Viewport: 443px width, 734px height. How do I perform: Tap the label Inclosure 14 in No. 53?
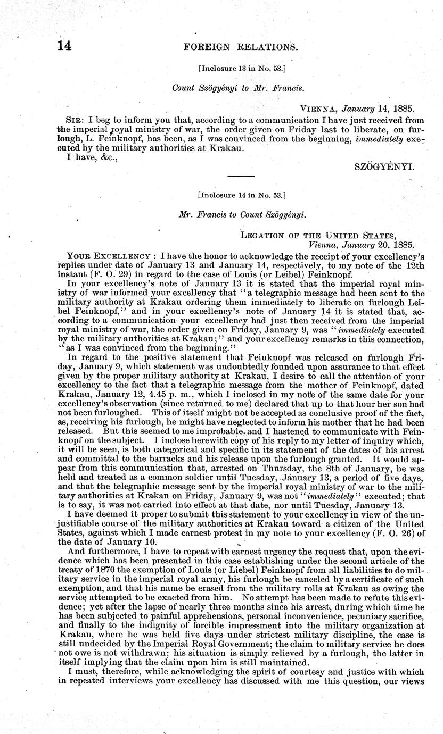241,195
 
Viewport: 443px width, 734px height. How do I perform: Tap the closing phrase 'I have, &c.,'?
84,157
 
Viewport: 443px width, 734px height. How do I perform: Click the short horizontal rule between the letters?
241,176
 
